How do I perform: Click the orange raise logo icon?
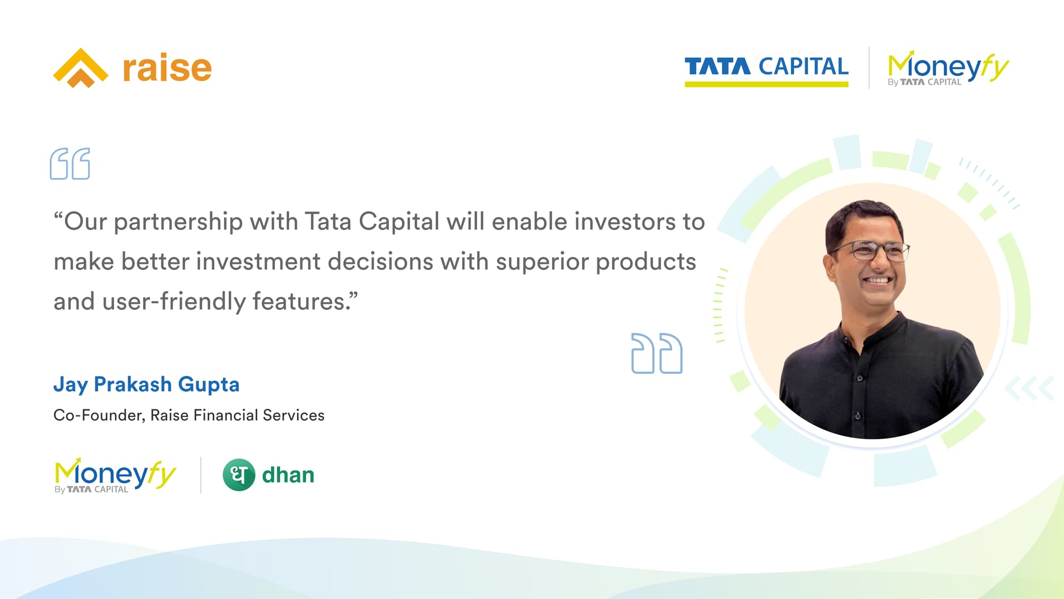(81, 68)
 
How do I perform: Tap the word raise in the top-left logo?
(167, 68)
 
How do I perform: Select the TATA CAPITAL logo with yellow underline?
(766, 71)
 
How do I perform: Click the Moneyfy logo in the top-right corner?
(948, 68)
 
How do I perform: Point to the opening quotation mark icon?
(70, 164)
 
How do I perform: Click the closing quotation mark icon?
(657, 353)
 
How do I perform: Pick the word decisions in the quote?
(380, 261)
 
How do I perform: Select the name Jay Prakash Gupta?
(146, 384)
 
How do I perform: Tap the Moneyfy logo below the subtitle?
(115, 475)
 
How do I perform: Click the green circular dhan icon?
(239, 475)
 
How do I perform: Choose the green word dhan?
(288, 475)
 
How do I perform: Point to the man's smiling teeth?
(879, 280)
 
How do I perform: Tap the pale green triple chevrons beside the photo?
(1029, 388)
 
